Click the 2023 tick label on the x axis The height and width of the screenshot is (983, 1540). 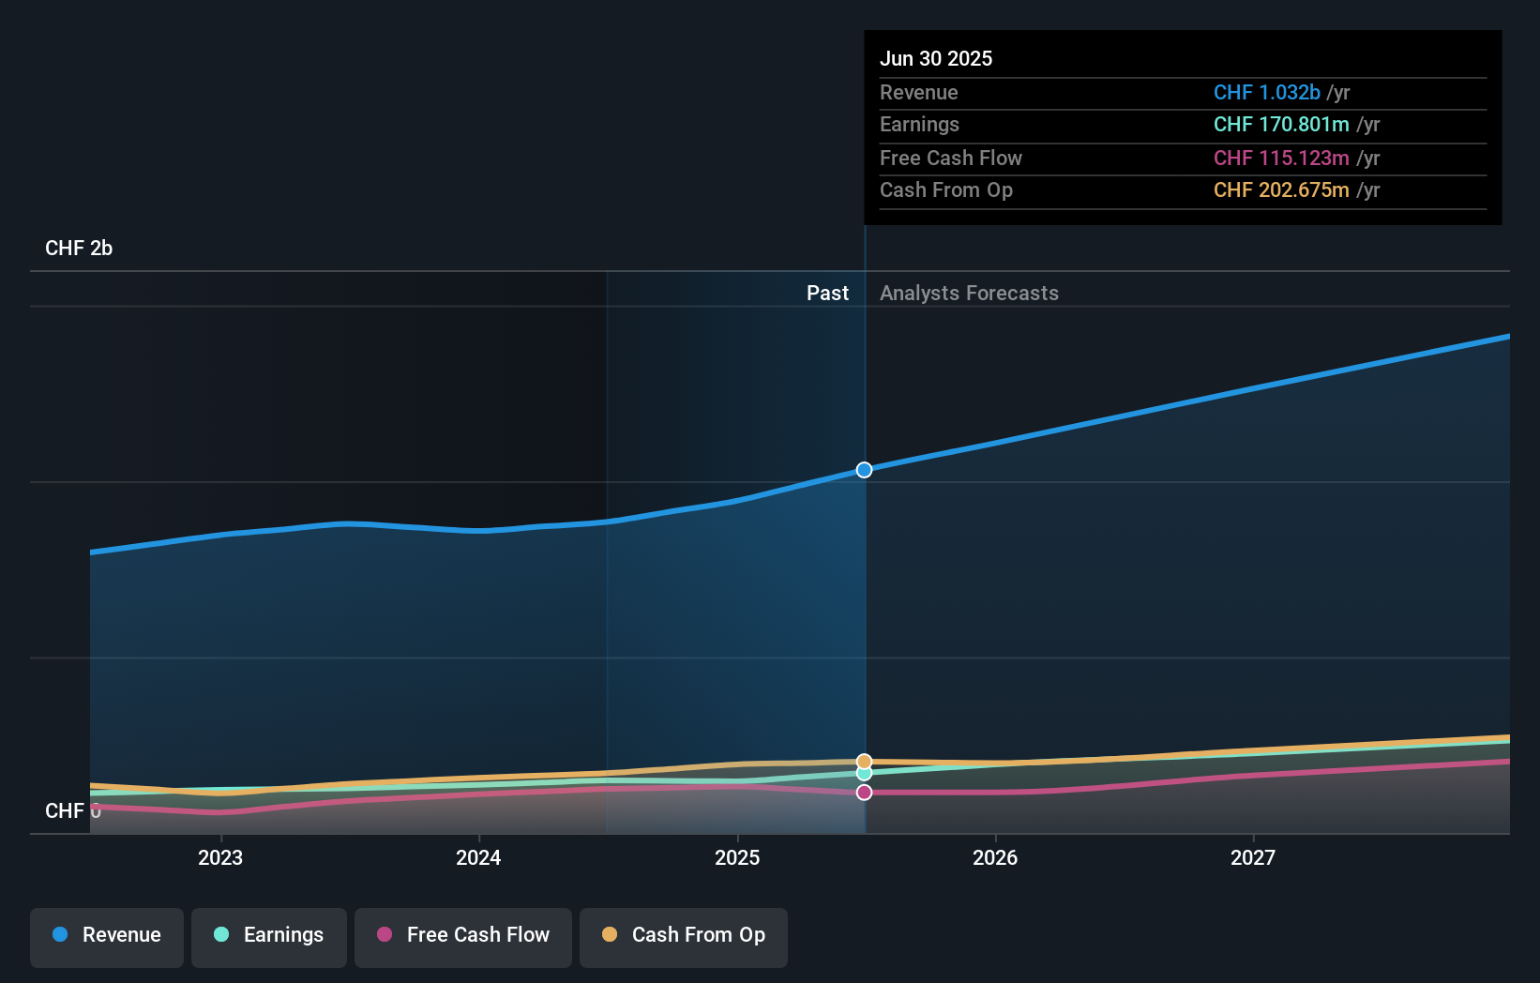[220, 857]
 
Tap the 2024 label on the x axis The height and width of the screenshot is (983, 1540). [478, 857]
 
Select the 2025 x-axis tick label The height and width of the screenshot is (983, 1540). [737, 857]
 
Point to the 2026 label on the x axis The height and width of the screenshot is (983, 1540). [995, 857]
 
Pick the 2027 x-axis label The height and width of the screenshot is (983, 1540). [1253, 857]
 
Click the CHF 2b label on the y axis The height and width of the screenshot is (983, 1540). [79, 249]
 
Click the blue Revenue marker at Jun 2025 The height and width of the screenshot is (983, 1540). [864, 470]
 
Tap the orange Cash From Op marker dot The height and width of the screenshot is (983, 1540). [864, 762]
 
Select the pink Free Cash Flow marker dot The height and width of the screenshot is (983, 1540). [864, 793]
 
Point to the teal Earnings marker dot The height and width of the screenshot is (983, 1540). [864, 774]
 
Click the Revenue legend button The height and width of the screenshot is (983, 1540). [107, 935]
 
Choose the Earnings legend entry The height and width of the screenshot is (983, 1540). [269, 935]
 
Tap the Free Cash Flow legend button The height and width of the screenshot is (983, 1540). [463, 935]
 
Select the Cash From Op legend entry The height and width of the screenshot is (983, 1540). [684, 935]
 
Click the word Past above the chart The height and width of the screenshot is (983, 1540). [827, 294]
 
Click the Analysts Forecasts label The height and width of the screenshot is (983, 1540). [969, 294]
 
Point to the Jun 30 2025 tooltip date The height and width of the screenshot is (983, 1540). [936, 59]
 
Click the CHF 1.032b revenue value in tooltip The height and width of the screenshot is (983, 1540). [1266, 93]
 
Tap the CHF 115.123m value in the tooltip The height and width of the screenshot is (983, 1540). [1281, 159]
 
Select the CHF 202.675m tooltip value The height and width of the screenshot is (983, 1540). [1281, 190]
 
